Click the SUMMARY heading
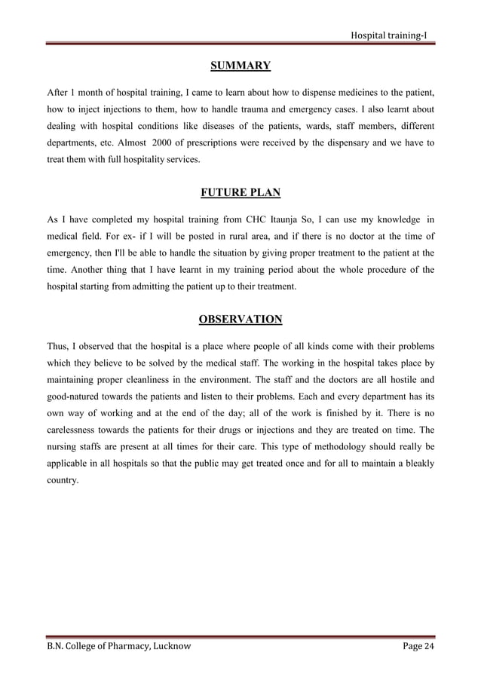coord(240,66)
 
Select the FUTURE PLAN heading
coord(240,193)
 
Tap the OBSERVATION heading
coord(240,320)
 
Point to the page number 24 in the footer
coord(430,647)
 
